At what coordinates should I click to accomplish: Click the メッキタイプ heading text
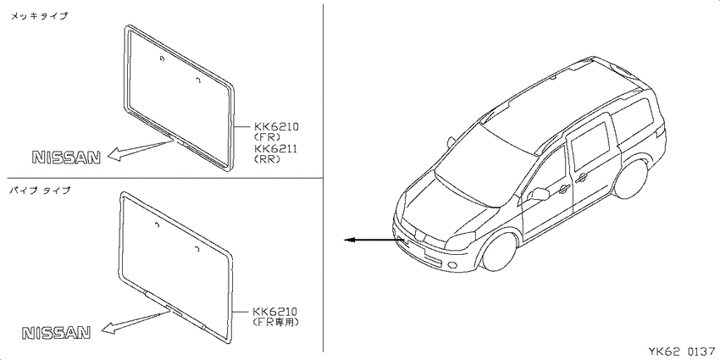tap(39, 16)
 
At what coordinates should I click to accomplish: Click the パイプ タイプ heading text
tap(41, 191)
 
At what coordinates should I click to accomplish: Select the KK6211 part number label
tap(276, 148)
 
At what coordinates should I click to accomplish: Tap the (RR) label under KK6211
tap(267, 159)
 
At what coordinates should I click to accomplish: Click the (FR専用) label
tap(276, 323)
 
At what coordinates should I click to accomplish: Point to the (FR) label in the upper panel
tap(267, 136)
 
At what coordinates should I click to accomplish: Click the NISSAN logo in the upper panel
tap(66, 158)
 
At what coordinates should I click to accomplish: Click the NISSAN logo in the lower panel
tap(57, 332)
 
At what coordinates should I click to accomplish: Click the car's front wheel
tap(500, 252)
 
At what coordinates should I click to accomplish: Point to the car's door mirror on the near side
tap(539, 194)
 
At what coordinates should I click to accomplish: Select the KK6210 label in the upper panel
tap(276, 126)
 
